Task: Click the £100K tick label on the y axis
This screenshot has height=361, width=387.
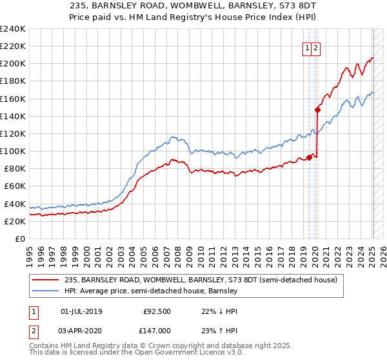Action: click(x=12, y=151)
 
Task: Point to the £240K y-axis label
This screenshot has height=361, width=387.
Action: click(x=12, y=29)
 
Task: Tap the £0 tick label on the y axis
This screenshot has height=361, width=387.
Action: click(x=19, y=239)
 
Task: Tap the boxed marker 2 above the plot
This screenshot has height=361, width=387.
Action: click(x=317, y=47)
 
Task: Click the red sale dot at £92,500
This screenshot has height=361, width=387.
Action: click(x=310, y=157)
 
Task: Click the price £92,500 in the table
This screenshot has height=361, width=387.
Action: click(x=157, y=311)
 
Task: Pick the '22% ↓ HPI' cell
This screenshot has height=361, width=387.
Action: click(x=221, y=311)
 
